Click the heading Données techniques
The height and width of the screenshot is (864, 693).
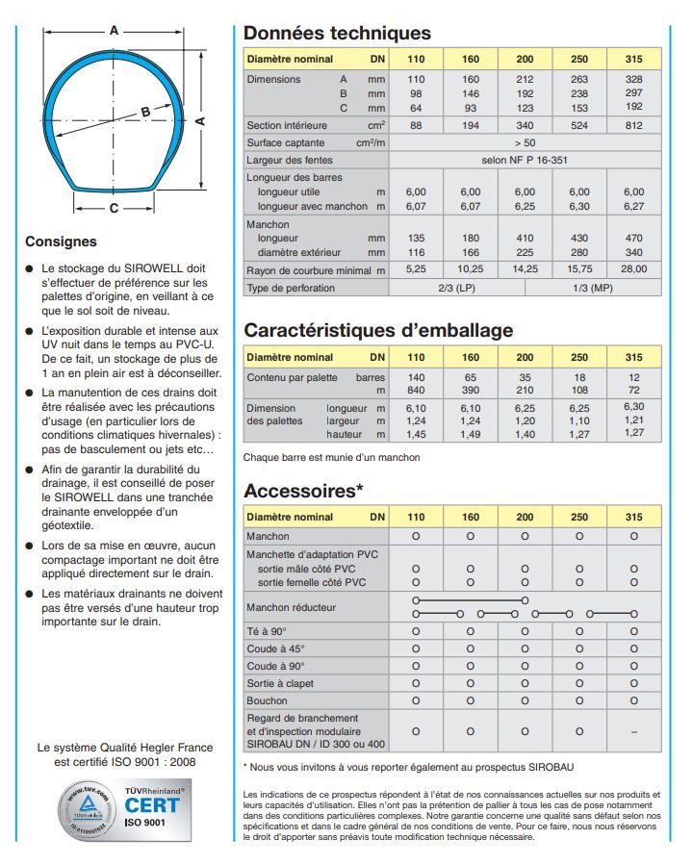point(337,34)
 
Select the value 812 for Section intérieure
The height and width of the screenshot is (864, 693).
point(633,126)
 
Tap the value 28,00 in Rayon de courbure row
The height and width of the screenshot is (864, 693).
point(633,269)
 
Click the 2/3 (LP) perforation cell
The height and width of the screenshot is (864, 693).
point(456,288)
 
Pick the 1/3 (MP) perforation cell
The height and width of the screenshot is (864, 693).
point(593,288)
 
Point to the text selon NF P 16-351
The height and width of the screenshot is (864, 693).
point(525,160)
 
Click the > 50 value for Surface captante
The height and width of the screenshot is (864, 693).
point(525,142)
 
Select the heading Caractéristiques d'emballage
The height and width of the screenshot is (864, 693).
point(378,330)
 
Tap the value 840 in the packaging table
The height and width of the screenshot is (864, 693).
point(416,392)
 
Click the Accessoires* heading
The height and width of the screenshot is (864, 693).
point(303,491)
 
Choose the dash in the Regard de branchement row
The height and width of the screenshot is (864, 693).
point(633,731)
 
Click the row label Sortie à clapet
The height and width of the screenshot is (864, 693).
point(279,682)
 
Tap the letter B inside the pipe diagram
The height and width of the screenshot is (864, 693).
point(145,111)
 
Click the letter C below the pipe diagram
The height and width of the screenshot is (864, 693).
point(114,208)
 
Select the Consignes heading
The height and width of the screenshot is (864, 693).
point(61,241)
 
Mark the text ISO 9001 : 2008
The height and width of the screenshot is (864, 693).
point(158,761)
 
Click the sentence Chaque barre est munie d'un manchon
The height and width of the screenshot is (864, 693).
point(331,457)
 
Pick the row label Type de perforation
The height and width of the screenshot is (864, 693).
point(291,288)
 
